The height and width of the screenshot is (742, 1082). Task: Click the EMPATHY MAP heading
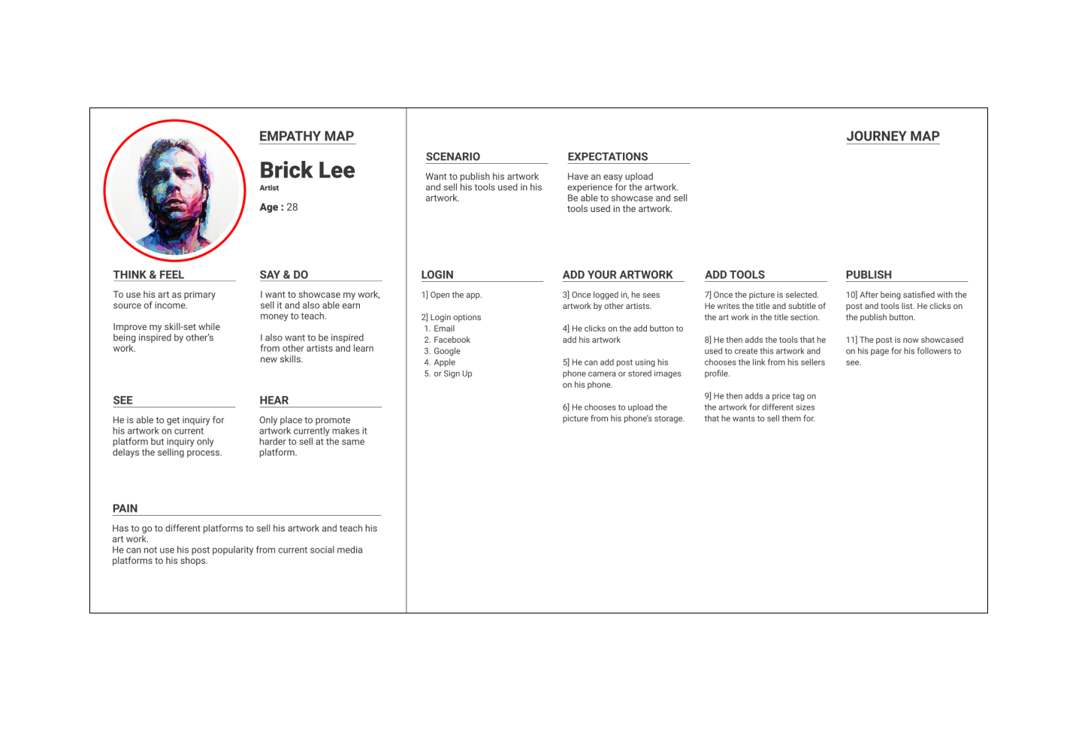pyautogui.click(x=307, y=136)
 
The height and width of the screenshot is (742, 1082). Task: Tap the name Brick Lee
pyautogui.click(x=307, y=170)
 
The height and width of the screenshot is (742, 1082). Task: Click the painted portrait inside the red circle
pyautogui.click(x=174, y=192)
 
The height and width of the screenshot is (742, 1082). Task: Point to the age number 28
pyautogui.click(x=292, y=207)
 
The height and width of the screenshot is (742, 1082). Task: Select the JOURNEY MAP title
pyautogui.click(x=893, y=136)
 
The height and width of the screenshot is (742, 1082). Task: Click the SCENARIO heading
pyautogui.click(x=452, y=156)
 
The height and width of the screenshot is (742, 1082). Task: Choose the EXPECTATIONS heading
pyautogui.click(x=607, y=156)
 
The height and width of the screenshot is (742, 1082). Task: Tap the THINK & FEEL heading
pyautogui.click(x=149, y=274)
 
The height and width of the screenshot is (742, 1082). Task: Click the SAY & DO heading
pyautogui.click(x=284, y=274)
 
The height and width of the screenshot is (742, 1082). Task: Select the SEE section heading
pyautogui.click(x=122, y=400)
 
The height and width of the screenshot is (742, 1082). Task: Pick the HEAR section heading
pyautogui.click(x=274, y=400)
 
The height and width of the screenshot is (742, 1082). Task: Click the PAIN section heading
pyautogui.click(x=125, y=508)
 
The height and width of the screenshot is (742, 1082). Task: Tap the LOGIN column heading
pyautogui.click(x=437, y=274)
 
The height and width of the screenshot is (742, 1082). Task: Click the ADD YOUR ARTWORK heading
pyautogui.click(x=618, y=274)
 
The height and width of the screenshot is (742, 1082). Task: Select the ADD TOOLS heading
pyautogui.click(x=735, y=274)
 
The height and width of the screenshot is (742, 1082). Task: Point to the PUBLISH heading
pyautogui.click(x=869, y=274)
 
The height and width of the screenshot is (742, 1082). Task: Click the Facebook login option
pyautogui.click(x=452, y=340)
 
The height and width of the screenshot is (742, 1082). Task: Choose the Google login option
pyautogui.click(x=447, y=351)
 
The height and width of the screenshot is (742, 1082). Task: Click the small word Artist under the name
pyautogui.click(x=269, y=188)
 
